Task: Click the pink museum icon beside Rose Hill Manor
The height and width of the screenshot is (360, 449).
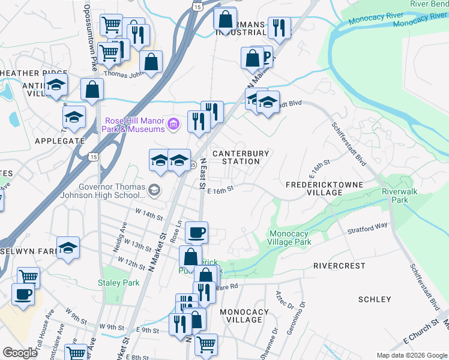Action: (x=174, y=125)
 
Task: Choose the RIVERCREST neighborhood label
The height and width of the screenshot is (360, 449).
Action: (x=339, y=265)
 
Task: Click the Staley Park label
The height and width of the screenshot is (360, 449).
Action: (x=118, y=283)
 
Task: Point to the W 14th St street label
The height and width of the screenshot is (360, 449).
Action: (x=149, y=215)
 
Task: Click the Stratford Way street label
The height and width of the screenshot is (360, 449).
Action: (x=367, y=229)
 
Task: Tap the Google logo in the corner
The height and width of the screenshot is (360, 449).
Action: (x=20, y=353)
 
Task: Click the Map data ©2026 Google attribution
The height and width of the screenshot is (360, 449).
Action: (x=411, y=355)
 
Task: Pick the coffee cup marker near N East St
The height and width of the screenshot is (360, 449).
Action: (x=196, y=232)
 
